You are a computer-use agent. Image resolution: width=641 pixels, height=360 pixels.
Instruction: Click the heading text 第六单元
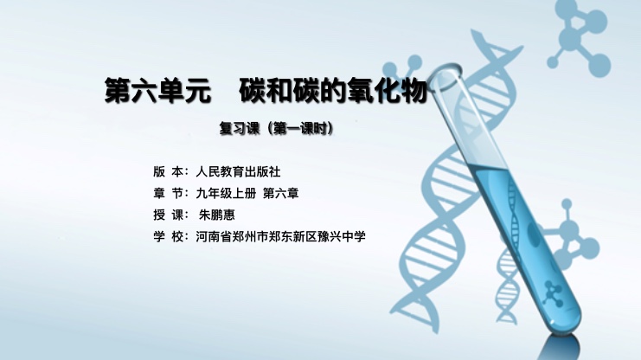tap(157, 90)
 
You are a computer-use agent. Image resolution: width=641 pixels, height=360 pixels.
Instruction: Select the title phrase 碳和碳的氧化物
tap(334, 90)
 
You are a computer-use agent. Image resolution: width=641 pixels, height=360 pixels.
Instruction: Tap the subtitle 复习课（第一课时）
tap(277, 128)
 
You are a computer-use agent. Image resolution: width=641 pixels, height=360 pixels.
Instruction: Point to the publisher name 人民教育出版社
tap(239, 172)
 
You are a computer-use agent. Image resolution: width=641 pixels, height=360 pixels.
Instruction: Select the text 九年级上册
tap(226, 193)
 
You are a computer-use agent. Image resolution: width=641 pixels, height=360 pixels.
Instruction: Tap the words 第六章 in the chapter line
tap(281, 193)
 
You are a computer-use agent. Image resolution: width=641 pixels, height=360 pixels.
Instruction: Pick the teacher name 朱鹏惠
tap(217, 215)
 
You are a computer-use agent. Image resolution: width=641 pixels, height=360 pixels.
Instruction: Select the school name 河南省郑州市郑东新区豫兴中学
tap(280, 236)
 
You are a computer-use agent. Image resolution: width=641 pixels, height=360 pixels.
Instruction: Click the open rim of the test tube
tap(446, 76)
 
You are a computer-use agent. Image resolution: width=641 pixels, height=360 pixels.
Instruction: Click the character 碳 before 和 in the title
tap(253, 90)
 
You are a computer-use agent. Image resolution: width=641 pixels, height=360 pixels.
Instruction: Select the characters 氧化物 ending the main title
tap(388, 90)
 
